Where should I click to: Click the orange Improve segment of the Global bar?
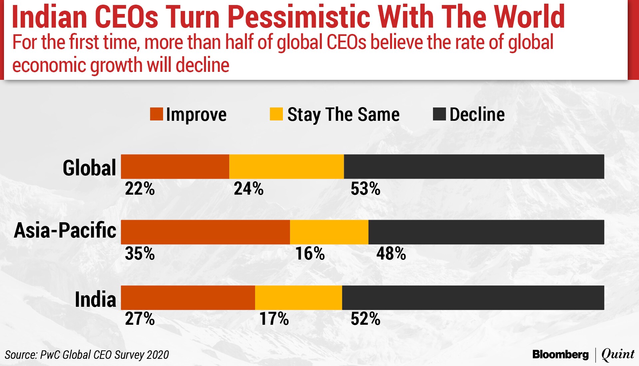pos(175,166)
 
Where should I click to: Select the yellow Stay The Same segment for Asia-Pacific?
pos(329,232)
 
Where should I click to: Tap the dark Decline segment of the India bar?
pos(473,297)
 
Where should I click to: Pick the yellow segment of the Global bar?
pos(286,166)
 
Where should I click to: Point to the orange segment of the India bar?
pos(188,297)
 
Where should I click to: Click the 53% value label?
pos(365,189)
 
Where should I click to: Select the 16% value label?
pos(310,254)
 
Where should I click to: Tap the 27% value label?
pos(140,318)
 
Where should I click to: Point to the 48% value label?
pos(391,254)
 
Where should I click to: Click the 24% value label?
pos(248,189)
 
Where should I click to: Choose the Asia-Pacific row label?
pos(65,230)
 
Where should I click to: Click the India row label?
pos(95,299)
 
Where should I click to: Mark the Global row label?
pos(89,168)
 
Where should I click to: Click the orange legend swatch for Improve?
pos(156,114)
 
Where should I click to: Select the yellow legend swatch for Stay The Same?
pos(276,114)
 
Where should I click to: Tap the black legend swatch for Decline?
pos(439,114)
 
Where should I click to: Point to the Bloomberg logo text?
pos(560,354)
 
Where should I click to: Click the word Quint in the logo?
pos(618,354)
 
